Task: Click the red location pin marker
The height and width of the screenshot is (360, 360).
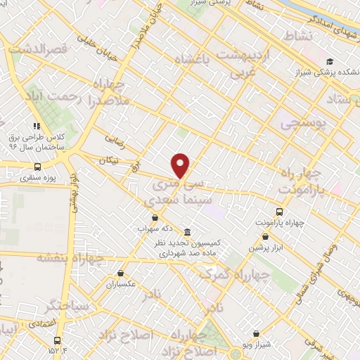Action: [x=181, y=165]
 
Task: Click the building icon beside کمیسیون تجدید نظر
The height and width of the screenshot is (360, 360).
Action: [x=186, y=232]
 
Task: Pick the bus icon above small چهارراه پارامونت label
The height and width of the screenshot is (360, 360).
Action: [x=280, y=212]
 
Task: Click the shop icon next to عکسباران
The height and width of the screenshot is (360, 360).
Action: [x=120, y=274]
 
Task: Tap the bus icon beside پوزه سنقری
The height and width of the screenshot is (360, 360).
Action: [x=37, y=167]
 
